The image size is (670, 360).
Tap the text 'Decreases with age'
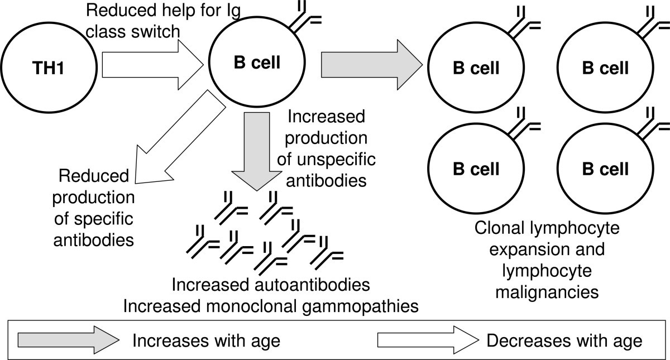564,340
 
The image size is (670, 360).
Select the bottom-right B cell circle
605,168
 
